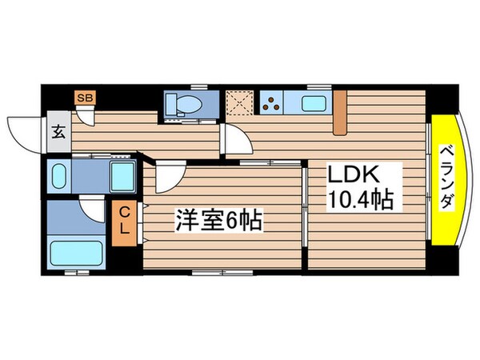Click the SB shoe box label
click(83, 98)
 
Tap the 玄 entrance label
click(58, 133)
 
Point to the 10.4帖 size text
click(359, 200)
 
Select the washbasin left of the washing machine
click(58, 174)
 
